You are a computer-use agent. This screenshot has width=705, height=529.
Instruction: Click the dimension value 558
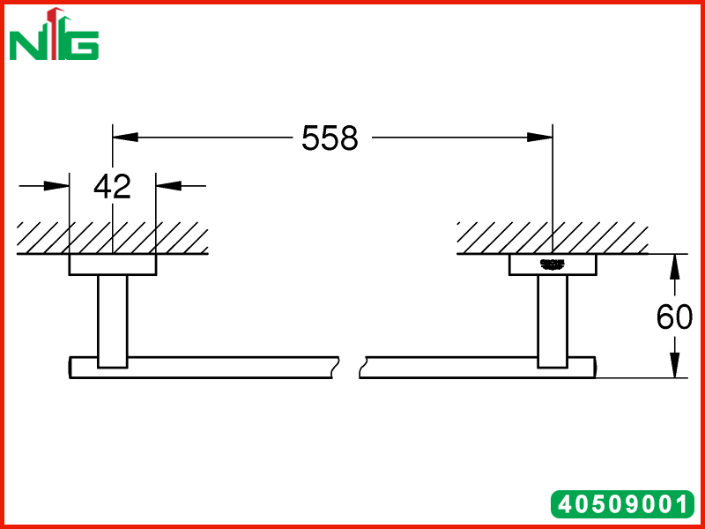pos(330,138)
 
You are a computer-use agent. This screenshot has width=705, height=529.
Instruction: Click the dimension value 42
pos(113,186)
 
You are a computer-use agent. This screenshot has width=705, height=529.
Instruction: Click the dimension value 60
pos(674,317)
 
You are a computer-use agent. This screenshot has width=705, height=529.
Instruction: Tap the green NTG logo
pos(54,34)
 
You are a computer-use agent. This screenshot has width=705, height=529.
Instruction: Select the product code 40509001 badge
pos(623,503)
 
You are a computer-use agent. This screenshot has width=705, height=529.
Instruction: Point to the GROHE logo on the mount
pos(553,264)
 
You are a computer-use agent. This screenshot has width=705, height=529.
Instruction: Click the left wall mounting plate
pos(113,264)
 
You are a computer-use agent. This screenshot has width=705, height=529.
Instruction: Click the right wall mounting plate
pos(553,264)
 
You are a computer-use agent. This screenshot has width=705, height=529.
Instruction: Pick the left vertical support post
pos(113,321)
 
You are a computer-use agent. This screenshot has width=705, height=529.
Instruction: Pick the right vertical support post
pos(553,321)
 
